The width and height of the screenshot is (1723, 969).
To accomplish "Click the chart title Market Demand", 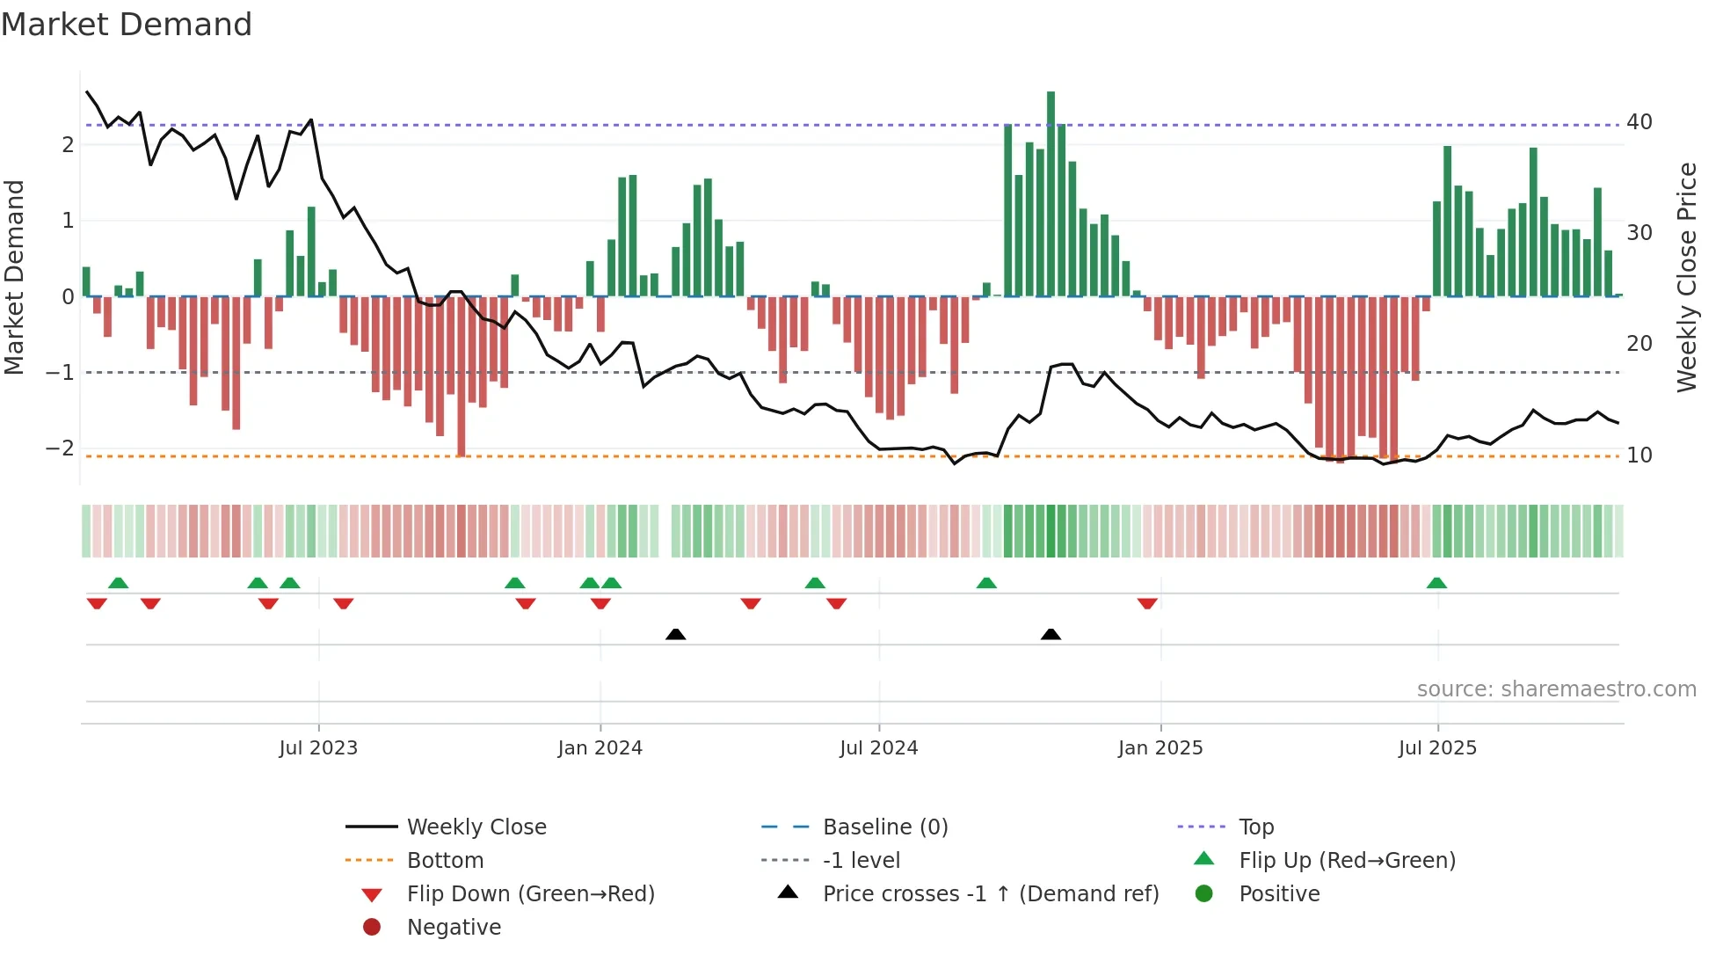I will (x=127, y=25).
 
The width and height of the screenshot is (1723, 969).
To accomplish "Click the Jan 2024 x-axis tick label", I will (x=600, y=748).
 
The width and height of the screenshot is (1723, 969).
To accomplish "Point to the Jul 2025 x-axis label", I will (x=1437, y=748).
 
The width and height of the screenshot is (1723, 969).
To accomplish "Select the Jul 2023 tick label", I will (x=318, y=748).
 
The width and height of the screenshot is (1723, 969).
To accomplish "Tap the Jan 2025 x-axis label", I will (x=1160, y=748).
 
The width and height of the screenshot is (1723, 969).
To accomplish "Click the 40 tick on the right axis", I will (x=1639, y=122).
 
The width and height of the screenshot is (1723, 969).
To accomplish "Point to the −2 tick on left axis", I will (x=60, y=448).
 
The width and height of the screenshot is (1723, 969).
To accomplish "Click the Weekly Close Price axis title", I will (x=1686, y=277).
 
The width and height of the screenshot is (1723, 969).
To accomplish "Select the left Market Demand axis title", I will (x=15, y=277).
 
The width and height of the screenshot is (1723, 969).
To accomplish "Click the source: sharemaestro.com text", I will (x=1556, y=689).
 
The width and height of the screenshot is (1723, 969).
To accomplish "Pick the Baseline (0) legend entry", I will (x=884, y=827).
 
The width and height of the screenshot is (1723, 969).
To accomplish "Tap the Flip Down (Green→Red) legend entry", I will (x=530, y=894).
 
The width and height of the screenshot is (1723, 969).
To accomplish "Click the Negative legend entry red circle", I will (x=372, y=928).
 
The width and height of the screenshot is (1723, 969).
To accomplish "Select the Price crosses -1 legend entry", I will (x=990, y=894).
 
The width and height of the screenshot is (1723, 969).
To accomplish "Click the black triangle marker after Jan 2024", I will (x=675, y=635).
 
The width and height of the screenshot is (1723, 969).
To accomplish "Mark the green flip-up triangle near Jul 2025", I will (x=1436, y=583).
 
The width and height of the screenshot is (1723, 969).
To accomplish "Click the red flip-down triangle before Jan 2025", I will (x=1147, y=603).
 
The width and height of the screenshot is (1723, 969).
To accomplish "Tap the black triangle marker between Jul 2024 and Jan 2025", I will (x=1051, y=635).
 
